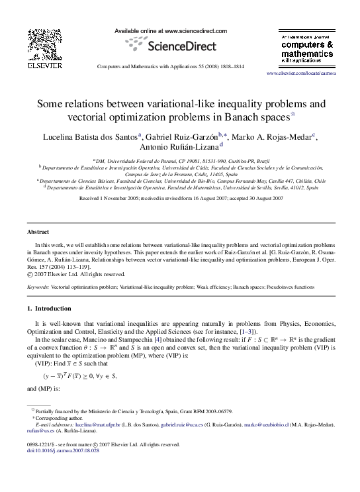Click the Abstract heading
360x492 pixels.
click(37, 232)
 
